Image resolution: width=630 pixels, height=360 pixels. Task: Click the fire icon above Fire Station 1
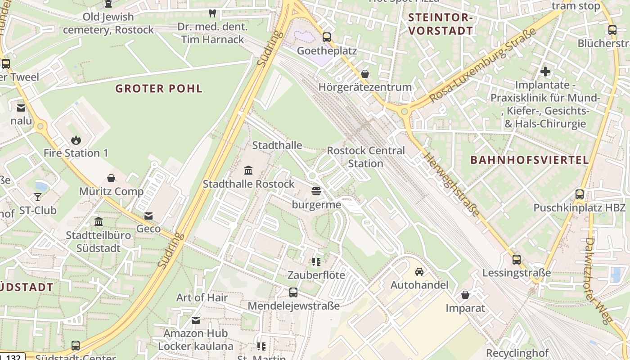[x=76, y=140]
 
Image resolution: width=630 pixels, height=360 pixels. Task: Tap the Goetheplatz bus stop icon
[x=327, y=37]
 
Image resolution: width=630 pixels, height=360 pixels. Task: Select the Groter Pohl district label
[x=159, y=88]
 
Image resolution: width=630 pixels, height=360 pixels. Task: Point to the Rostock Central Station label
[x=365, y=157]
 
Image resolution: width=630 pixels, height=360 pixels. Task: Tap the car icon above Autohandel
[x=419, y=271]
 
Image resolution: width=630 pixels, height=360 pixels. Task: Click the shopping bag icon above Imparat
[x=465, y=295]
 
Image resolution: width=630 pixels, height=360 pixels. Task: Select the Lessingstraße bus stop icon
[x=517, y=260]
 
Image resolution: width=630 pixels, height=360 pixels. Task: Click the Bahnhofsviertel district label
[x=529, y=160]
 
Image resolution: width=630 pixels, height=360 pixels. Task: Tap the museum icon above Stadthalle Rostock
[x=248, y=170]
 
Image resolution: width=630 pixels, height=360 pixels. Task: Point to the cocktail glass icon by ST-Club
[x=37, y=197]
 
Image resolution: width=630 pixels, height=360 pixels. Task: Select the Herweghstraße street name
[x=451, y=184]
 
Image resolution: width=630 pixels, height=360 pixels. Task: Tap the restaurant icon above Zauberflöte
[x=316, y=261]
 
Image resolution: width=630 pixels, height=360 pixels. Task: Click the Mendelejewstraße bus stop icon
[x=293, y=292]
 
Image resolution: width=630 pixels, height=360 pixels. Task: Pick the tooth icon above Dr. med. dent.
[x=212, y=13]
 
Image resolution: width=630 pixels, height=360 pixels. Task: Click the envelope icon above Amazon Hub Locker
[x=196, y=320]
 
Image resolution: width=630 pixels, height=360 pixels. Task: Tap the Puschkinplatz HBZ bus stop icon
[x=580, y=194]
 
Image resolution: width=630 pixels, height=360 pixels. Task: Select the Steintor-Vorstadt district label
[x=441, y=24]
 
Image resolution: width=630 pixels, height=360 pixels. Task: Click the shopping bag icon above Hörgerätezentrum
[x=365, y=74]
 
